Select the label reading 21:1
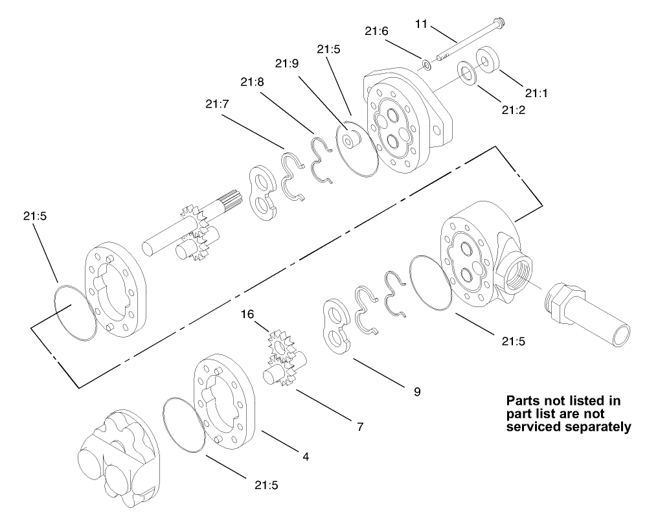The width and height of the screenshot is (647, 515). (x=535, y=93)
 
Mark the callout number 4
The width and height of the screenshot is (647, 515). (x=306, y=456)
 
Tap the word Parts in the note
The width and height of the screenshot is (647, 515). (x=525, y=401)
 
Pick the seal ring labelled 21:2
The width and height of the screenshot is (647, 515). (x=466, y=71)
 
